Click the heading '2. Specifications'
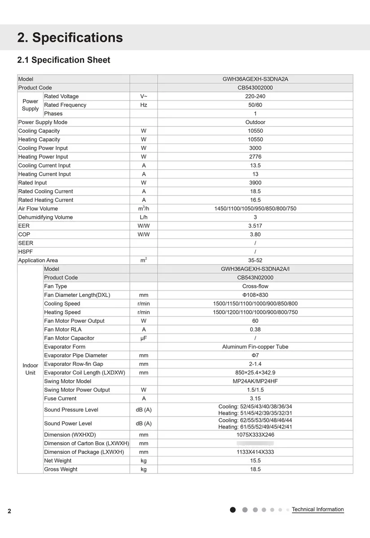point(70,38)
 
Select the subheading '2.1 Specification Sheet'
point(63,60)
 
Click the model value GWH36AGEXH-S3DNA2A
point(255,79)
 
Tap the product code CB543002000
point(255,88)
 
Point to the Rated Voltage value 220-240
point(255,96)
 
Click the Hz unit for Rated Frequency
point(144,105)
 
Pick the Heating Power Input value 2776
point(255,157)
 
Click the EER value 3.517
point(255,226)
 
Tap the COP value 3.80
point(255,234)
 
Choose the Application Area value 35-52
point(255,260)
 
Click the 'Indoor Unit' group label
point(30,369)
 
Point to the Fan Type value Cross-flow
point(255,286)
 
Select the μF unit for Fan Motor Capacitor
point(144,338)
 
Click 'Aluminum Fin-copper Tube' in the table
point(255,347)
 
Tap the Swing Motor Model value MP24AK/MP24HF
point(255,382)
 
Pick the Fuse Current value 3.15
point(255,399)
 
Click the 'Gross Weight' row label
point(61,469)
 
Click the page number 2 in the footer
point(9,511)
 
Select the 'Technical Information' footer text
point(317,510)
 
